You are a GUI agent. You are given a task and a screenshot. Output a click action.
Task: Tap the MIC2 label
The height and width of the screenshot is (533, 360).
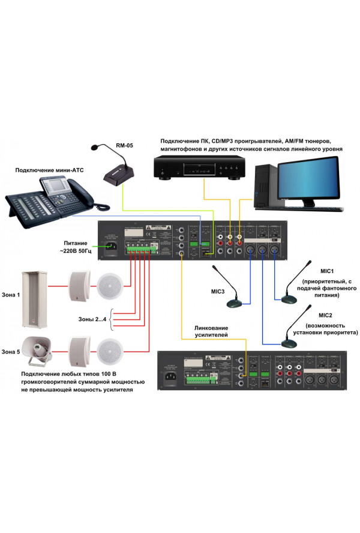click(x=325, y=315)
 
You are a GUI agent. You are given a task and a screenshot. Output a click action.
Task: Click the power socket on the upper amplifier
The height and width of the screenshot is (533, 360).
click(x=111, y=248)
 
